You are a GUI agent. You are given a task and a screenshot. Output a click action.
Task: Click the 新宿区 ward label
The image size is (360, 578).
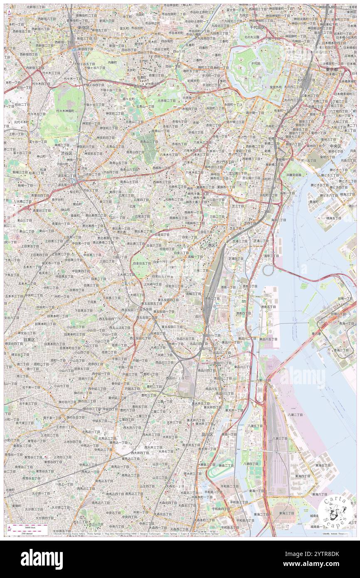86,27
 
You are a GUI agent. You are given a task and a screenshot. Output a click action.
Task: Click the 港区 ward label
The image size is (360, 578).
212,246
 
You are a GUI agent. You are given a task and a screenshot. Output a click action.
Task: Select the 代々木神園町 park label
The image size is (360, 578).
65,111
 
